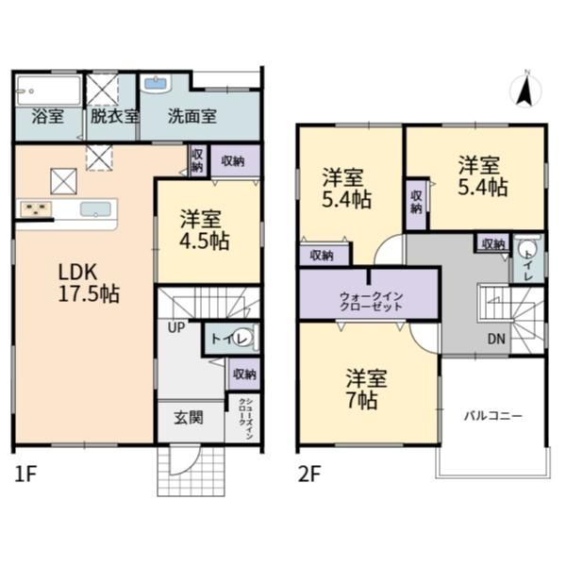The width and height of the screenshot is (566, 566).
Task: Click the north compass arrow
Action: coord(524,92)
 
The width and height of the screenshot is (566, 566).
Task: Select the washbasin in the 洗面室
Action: coord(156,84)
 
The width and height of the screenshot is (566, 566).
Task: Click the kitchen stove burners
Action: coord(36,209)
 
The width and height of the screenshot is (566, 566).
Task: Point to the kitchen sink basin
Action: coord(95,209)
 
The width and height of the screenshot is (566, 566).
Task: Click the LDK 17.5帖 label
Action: coord(89,283)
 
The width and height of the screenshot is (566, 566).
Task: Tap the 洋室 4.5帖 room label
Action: coord(205,230)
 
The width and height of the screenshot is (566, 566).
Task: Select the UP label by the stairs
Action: coord(176,327)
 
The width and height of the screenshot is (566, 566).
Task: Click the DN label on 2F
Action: coord(496,339)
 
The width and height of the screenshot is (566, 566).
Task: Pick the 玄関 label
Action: coord(189,418)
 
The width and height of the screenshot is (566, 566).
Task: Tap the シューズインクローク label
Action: coord(245,419)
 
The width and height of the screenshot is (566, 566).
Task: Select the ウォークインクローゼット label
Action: coord(371,302)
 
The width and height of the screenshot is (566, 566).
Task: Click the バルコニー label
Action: coord(492,416)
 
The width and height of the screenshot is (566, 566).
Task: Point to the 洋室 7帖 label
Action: coord(366,389)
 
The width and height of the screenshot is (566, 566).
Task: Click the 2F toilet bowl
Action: coord(526,250)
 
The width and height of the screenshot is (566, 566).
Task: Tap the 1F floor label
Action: coord(25,474)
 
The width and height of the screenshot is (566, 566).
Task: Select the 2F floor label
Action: coord(309,474)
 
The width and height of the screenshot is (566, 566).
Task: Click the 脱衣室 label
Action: coord(114,116)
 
